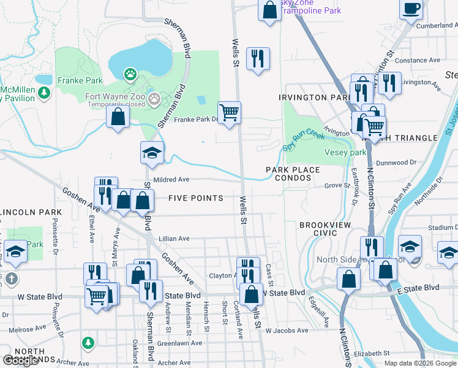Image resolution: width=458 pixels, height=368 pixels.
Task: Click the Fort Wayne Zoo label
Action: [x=115, y=96]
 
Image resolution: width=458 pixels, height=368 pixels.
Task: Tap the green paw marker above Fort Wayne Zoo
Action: [x=130, y=75]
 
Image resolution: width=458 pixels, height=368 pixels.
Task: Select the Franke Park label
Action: [x=80, y=80]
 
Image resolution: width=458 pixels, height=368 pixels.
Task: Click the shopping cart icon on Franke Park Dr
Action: [x=230, y=112]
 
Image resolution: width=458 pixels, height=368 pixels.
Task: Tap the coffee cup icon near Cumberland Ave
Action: [x=411, y=8]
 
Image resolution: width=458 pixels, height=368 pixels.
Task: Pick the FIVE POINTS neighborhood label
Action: [x=196, y=198]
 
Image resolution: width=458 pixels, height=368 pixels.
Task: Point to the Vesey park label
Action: [x=345, y=152]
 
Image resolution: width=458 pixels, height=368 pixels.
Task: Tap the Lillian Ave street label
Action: [x=175, y=238]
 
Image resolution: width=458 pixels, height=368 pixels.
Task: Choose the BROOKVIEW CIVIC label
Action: [x=325, y=229]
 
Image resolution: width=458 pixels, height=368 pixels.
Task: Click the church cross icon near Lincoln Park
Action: [x=10, y=279]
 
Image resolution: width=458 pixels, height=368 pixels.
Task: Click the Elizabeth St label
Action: [x=371, y=353]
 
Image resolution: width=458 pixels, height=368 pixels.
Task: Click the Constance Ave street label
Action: [x=419, y=60]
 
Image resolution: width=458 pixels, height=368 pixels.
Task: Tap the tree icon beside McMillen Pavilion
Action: [x=43, y=93]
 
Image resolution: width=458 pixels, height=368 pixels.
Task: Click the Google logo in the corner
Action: [x=21, y=360]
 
